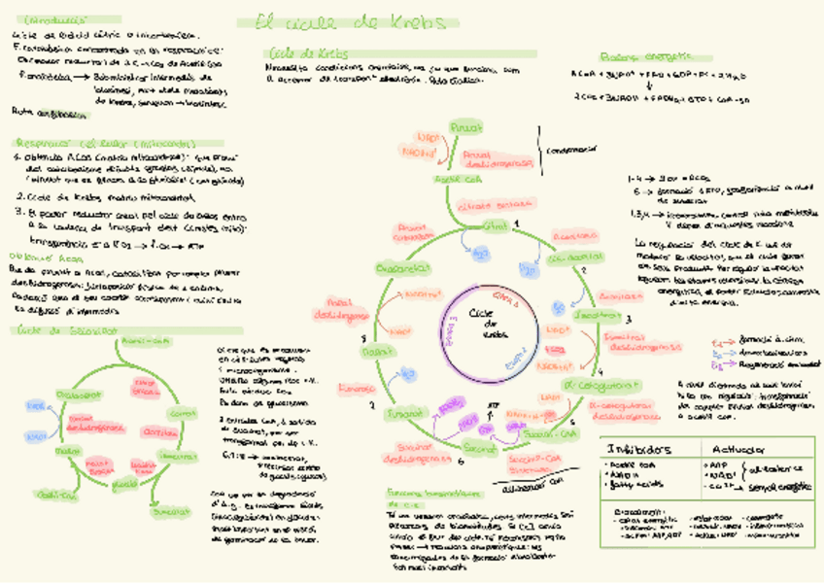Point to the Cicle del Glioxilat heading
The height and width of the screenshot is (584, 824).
(62, 329)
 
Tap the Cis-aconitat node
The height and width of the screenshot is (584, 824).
(567, 258)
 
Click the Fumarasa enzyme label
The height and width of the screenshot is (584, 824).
(350, 388)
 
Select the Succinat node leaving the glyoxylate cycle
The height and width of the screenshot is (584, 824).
(169, 509)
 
